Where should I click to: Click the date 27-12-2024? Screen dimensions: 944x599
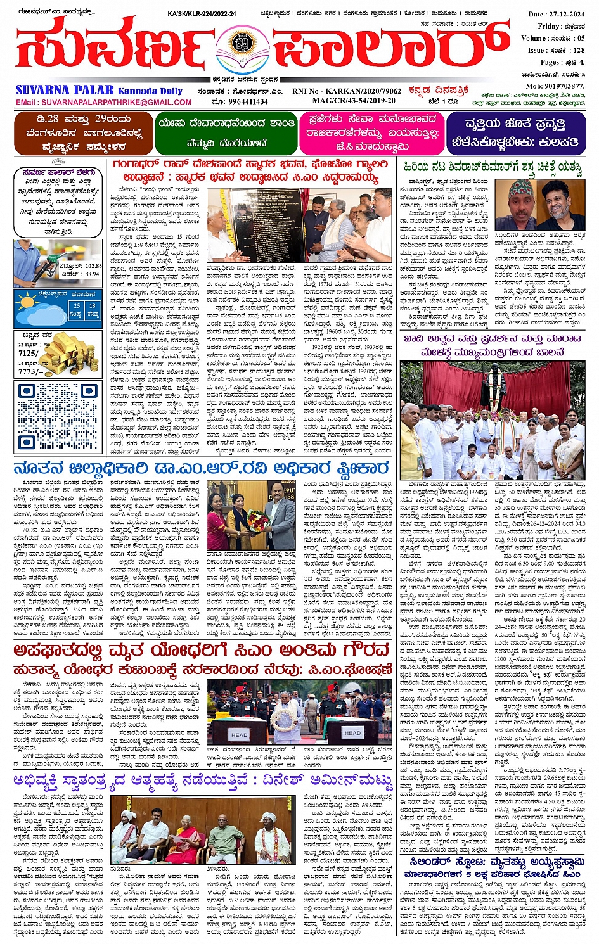557,14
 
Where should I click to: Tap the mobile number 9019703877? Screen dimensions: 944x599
555,86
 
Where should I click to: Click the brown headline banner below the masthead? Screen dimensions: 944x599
84,133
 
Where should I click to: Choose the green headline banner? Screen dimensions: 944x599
226,132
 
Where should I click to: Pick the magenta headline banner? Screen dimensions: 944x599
372,132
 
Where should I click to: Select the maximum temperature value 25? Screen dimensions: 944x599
76,305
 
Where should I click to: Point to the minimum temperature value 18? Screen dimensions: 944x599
92,305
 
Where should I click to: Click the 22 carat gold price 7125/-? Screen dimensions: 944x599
30,354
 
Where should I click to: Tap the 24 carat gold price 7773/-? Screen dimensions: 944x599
30,371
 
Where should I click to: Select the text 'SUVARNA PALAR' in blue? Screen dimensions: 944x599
65,90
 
